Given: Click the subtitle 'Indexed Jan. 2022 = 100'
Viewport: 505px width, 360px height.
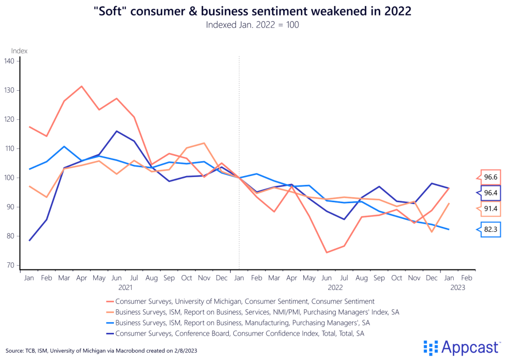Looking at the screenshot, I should (x=252, y=25).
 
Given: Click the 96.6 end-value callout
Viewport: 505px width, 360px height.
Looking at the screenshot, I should (x=490, y=177).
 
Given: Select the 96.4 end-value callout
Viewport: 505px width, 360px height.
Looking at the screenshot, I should (x=490, y=193).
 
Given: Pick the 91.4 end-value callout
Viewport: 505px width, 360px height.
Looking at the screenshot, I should (x=490, y=209).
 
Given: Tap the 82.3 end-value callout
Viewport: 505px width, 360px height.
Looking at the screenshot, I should (x=490, y=229).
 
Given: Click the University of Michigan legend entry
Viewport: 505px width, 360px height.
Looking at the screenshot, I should (x=244, y=301).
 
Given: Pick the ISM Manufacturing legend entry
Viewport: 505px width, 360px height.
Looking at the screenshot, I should (x=242, y=323).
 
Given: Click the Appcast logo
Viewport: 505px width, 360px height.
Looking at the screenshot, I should (x=461, y=348).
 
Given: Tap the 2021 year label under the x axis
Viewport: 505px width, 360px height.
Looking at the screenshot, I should (x=125, y=287).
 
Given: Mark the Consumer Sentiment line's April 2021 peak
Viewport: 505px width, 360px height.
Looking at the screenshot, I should (x=81, y=86).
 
